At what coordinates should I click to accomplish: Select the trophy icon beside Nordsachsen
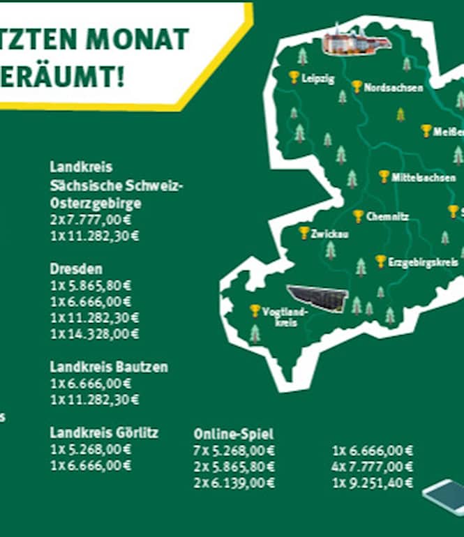(x=357, y=86)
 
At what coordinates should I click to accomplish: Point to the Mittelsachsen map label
(x=424, y=178)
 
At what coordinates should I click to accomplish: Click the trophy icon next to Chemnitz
(x=358, y=216)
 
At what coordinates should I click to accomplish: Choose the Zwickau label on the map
(x=329, y=234)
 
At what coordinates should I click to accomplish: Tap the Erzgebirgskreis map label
(x=423, y=263)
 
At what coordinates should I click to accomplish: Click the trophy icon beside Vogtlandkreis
(x=255, y=310)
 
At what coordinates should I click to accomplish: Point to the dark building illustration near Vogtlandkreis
(x=317, y=298)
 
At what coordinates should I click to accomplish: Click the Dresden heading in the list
(x=76, y=268)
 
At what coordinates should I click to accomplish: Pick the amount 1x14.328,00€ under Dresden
(x=94, y=334)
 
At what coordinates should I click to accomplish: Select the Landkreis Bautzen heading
(x=109, y=367)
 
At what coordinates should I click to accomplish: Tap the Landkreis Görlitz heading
(x=104, y=432)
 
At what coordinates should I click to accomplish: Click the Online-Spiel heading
(x=234, y=434)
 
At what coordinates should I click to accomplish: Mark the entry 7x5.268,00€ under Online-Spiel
(x=234, y=451)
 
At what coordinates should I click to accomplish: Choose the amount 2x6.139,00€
(x=234, y=483)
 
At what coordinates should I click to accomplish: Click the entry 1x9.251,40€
(x=373, y=483)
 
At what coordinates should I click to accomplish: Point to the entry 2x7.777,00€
(x=91, y=220)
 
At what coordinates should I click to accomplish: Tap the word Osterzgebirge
(x=95, y=203)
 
